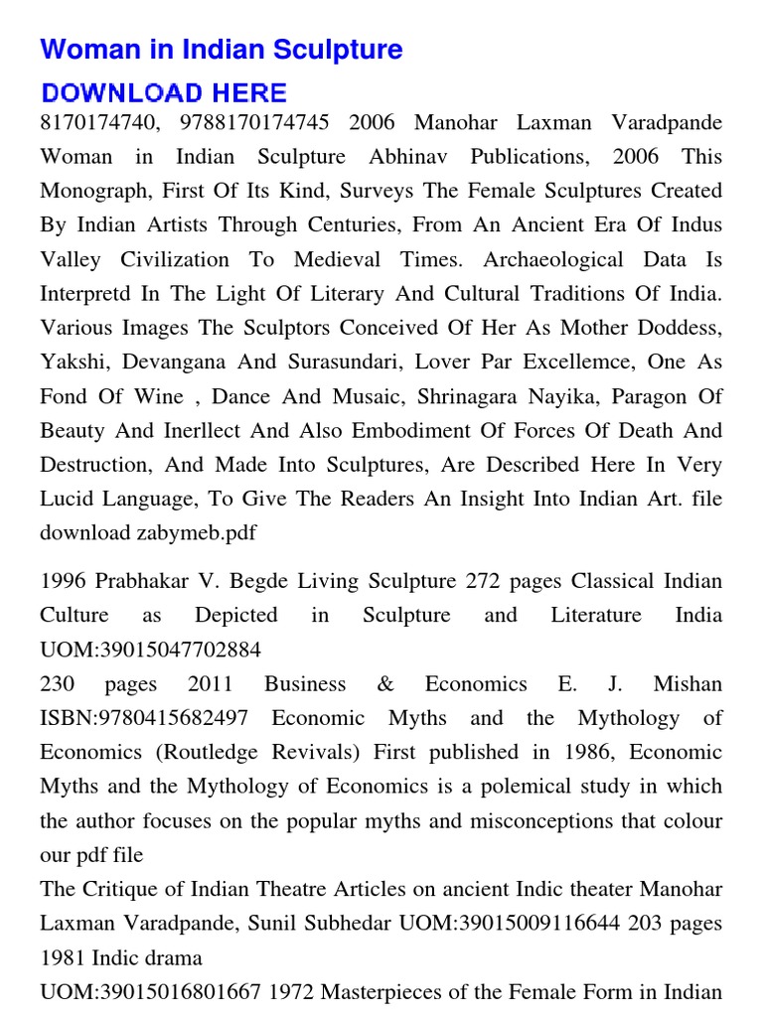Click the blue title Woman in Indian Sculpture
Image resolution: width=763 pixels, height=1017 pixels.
222,50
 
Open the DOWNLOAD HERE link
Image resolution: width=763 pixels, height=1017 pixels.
164,93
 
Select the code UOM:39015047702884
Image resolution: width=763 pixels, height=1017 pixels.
151,650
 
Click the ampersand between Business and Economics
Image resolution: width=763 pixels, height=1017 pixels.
385,684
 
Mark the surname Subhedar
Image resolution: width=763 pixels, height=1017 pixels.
351,923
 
